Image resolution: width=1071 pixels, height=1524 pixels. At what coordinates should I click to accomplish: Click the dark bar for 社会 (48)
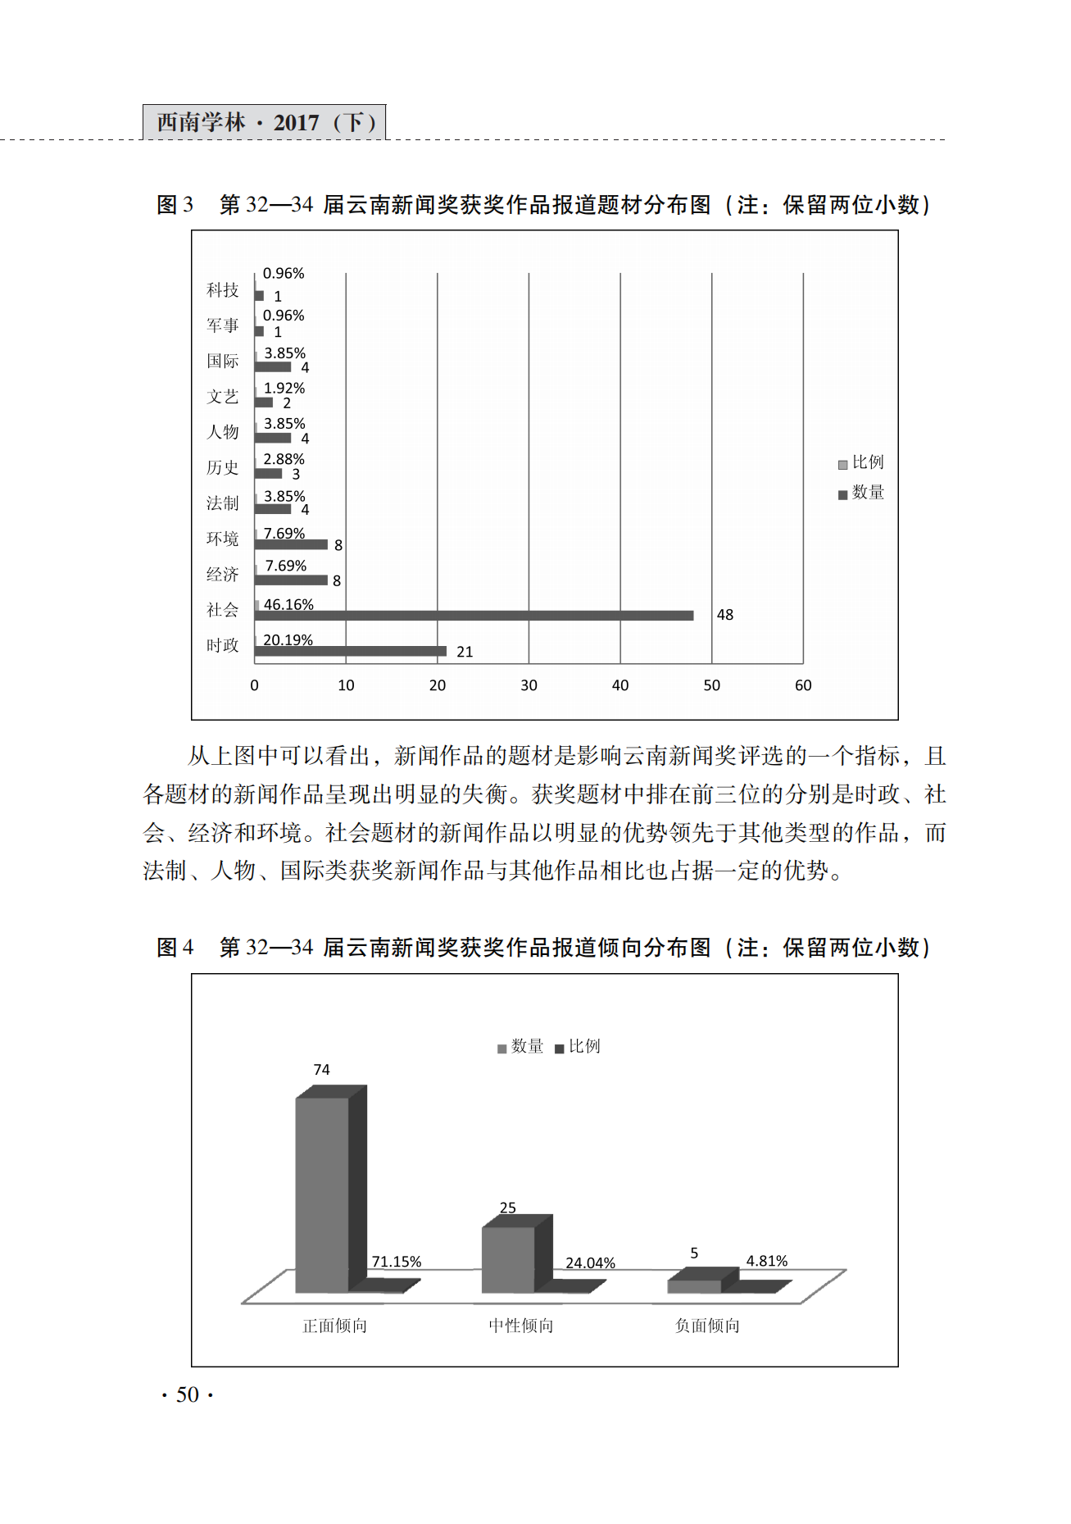474,616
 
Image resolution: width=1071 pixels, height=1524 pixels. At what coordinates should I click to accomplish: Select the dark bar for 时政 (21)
351,651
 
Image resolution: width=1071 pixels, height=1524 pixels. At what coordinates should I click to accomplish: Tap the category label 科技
222,290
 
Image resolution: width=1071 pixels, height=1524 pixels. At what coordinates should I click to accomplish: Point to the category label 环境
222,539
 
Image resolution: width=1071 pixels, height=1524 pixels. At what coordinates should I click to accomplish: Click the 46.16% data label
288,604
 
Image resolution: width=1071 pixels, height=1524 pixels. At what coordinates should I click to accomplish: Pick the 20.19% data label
288,639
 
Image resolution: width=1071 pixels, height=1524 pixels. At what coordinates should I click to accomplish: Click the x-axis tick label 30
529,685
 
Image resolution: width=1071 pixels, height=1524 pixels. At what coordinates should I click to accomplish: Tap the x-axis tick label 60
803,685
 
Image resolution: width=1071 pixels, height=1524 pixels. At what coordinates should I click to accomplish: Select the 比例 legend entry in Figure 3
861,462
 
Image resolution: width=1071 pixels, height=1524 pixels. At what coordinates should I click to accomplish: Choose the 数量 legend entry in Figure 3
861,493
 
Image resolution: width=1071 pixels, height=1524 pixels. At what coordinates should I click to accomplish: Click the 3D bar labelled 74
322,1193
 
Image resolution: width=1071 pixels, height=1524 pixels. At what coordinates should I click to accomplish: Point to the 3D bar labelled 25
508,1258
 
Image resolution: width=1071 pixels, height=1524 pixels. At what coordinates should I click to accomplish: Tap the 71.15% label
397,1262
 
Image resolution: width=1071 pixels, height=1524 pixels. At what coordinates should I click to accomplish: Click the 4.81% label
767,1261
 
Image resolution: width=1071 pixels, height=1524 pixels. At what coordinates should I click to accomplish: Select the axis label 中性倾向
521,1326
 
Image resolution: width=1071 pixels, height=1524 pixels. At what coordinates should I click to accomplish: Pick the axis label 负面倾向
707,1326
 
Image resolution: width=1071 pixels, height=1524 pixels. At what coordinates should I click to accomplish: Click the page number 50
188,1394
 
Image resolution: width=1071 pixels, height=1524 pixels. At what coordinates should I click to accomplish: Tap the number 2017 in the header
296,123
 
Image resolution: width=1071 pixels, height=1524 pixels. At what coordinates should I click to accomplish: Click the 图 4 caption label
175,947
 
